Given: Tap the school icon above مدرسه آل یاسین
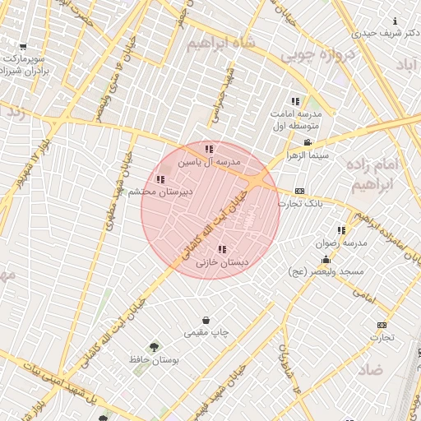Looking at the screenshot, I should (209, 149).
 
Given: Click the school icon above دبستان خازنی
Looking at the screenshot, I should (220, 249).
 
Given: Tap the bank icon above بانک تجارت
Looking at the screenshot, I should (299, 191).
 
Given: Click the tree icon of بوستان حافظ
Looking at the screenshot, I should (154, 348).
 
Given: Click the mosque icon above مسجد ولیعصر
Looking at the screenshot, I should (326, 259).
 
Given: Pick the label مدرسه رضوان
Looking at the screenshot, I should (341, 243).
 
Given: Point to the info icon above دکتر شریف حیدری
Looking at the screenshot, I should (396, 21).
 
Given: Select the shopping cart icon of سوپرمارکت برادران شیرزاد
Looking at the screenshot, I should (22, 47).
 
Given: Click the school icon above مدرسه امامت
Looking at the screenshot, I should (295, 101).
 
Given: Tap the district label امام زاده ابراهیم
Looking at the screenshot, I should (390, 175).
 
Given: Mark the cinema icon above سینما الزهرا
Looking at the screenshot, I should (308, 143).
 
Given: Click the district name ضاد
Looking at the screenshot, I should (370, 369).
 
